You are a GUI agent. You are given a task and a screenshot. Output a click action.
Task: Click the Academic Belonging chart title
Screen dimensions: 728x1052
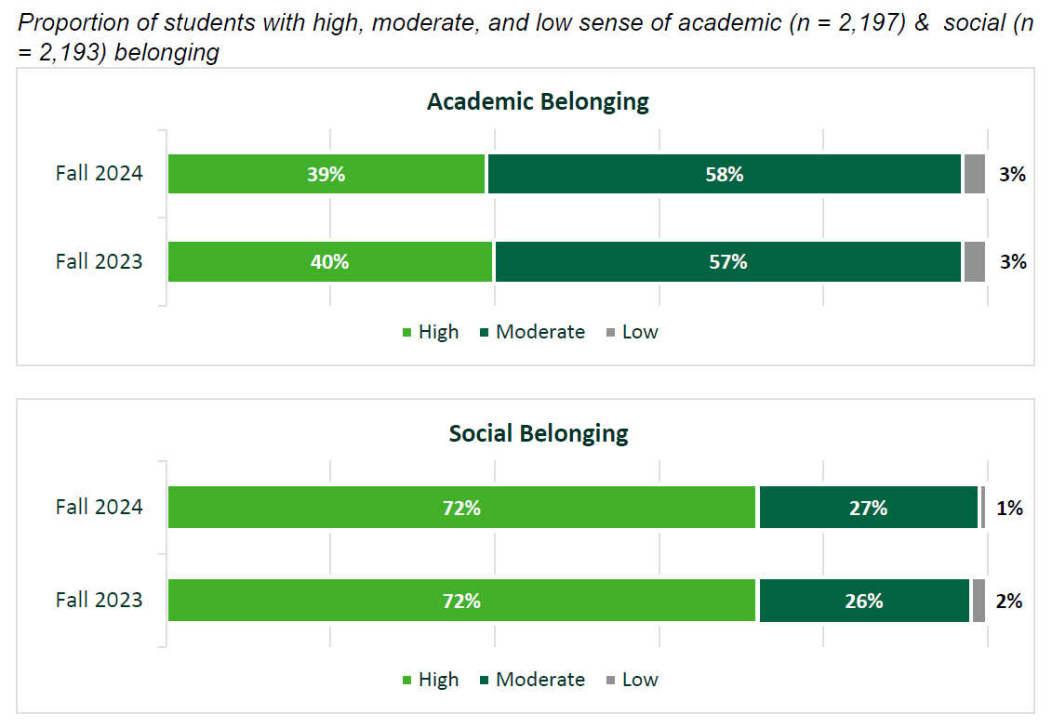pyautogui.click(x=538, y=101)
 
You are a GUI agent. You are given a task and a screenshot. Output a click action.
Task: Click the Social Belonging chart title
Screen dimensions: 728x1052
pyautogui.click(x=539, y=433)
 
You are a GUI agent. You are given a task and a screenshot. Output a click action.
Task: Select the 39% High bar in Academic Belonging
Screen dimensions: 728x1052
pyautogui.click(x=326, y=174)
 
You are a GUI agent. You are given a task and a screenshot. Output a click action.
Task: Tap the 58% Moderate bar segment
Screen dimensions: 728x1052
pyautogui.click(x=724, y=174)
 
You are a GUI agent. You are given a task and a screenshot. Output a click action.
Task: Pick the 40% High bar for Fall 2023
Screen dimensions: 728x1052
pyautogui.click(x=329, y=262)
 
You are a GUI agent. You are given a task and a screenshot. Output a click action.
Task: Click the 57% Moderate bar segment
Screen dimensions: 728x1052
pyautogui.click(x=727, y=262)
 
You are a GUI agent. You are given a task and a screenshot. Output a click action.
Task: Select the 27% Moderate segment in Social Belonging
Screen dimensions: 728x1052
pyautogui.click(x=868, y=508)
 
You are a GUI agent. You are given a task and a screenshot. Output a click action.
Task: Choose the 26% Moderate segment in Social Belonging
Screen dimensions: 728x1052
pyautogui.click(x=864, y=602)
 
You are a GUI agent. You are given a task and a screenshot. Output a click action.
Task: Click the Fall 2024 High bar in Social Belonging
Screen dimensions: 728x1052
pyautogui.click(x=462, y=508)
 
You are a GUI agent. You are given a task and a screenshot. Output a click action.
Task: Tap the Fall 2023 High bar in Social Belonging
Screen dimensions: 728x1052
pyautogui.click(x=462, y=602)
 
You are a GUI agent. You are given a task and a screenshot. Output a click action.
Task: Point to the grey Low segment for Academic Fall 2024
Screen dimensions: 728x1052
pyautogui.click(x=974, y=174)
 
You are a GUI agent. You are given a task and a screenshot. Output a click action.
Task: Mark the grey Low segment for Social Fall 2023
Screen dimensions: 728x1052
pyautogui.click(x=979, y=602)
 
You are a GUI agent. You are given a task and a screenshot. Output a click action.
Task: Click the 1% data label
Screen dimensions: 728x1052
pyautogui.click(x=1010, y=509)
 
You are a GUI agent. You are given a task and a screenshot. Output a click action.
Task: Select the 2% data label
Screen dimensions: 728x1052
pyautogui.click(x=1009, y=602)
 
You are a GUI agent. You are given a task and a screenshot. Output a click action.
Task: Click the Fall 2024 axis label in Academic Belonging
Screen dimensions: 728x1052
pyautogui.click(x=99, y=173)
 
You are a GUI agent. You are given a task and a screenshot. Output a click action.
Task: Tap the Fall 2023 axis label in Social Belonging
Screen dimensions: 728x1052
pyautogui.click(x=99, y=600)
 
